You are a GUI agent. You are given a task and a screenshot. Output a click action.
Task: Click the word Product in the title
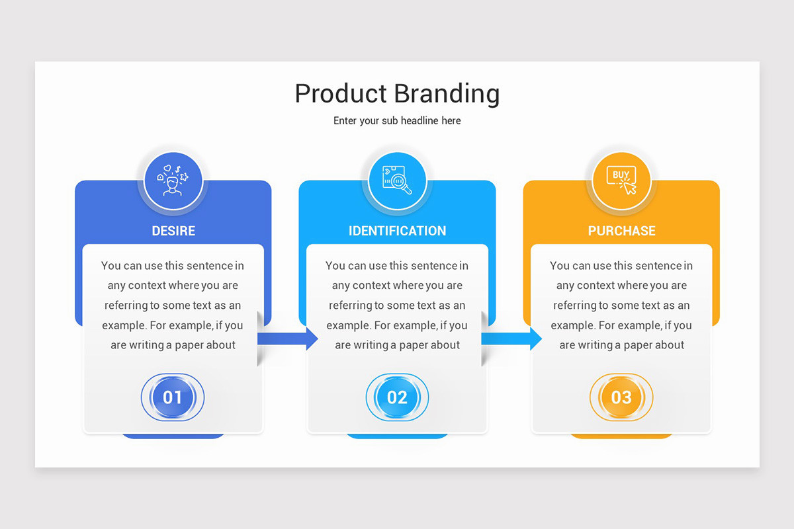click(x=339, y=93)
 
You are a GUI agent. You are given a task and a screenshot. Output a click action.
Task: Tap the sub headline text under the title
click(x=397, y=121)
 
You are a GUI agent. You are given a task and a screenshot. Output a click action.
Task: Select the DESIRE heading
click(x=173, y=231)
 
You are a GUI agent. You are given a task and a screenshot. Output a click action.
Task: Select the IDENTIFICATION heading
click(x=397, y=231)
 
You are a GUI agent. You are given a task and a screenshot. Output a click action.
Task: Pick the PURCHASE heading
click(x=621, y=231)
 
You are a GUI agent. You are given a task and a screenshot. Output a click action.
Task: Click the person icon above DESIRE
click(x=173, y=181)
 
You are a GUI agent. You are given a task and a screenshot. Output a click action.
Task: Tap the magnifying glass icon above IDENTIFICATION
click(x=397, y=181)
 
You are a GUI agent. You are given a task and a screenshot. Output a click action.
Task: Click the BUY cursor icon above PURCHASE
click(x=621, y=181)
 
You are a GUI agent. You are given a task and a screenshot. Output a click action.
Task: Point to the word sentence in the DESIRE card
click(x=210, y=266)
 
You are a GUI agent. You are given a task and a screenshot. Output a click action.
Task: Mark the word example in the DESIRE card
click(x=122, y=325)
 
